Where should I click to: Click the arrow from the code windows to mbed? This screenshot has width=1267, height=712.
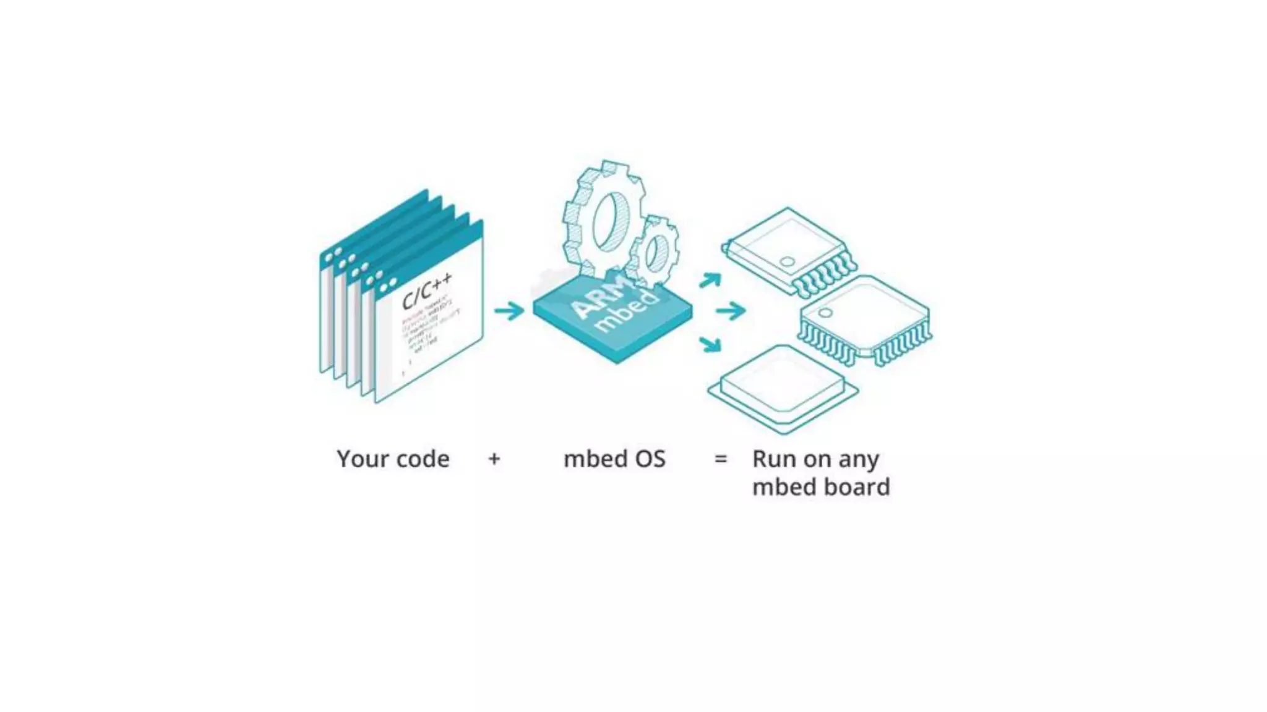509,310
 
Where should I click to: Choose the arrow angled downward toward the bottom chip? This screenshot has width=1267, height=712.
711,343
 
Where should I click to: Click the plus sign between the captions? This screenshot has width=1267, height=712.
494,459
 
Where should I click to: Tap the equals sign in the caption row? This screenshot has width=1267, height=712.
721,459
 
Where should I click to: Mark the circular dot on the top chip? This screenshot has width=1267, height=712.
787,261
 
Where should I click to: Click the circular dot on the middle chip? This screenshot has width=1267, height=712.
825,313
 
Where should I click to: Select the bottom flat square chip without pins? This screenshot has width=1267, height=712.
783,387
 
